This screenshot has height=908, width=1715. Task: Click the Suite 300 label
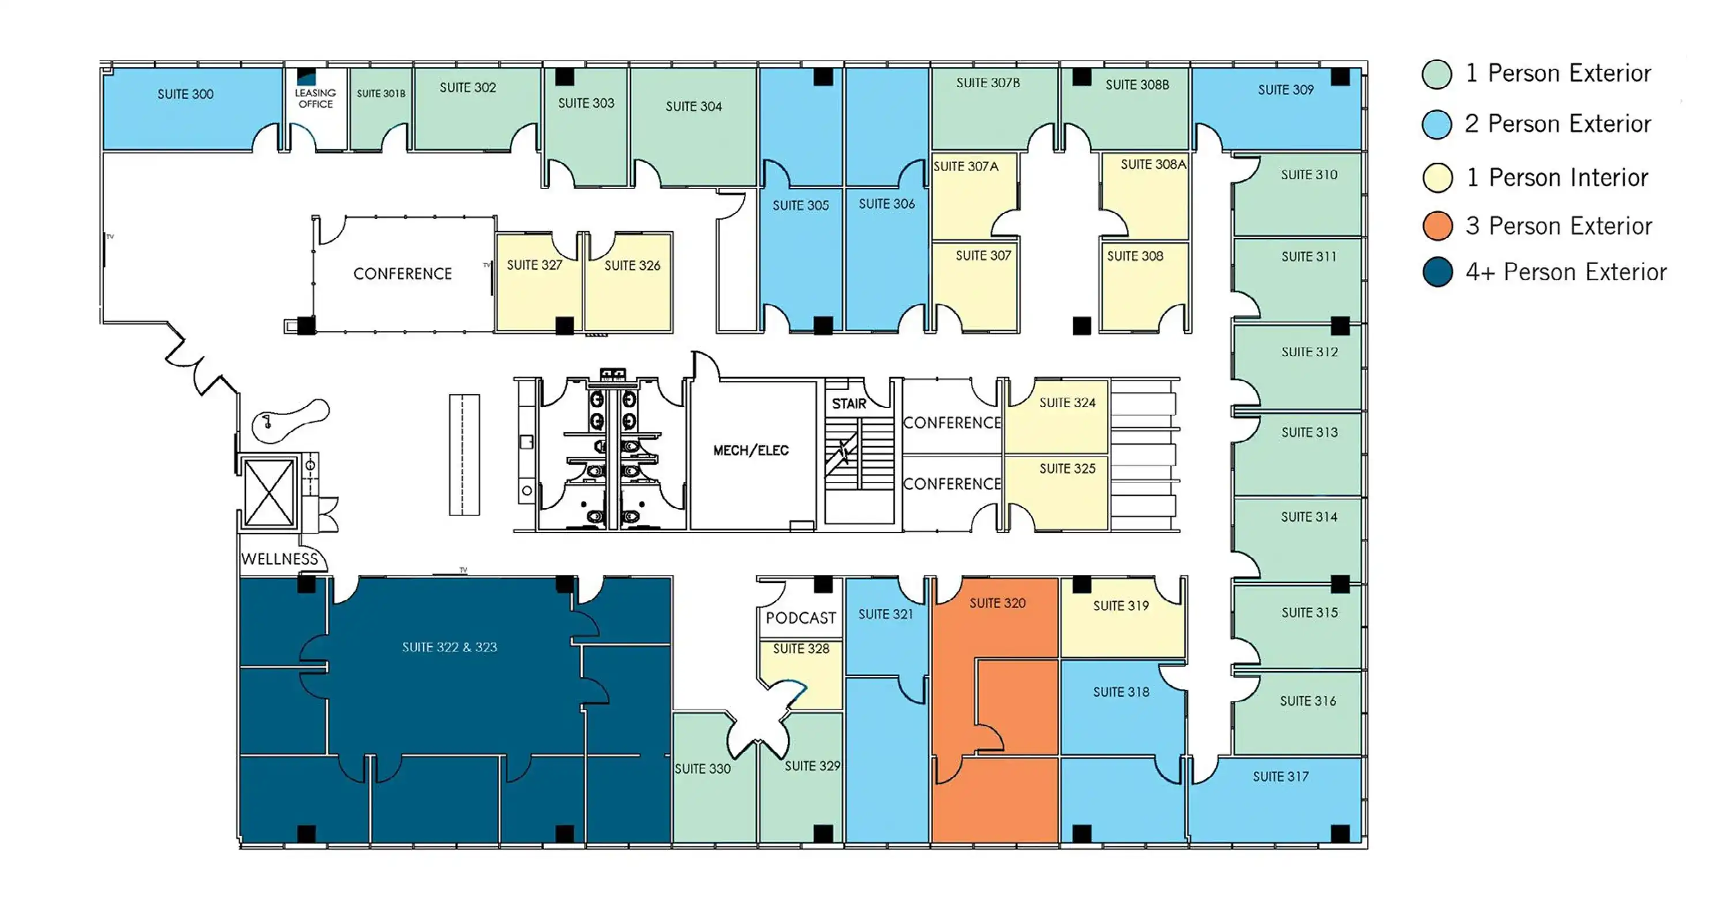[x=185, y=95]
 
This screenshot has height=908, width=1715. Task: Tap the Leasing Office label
[x=315, y=99]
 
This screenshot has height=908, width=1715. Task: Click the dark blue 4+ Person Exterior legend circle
[x=1437, y=272]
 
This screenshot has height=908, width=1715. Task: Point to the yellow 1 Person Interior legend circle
[x=1437, y=178]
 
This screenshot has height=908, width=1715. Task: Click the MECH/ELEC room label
[x=751, y=451]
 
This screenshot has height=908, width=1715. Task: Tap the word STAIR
[x=849, y=404]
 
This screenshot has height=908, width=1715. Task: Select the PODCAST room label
[x=800, y=618]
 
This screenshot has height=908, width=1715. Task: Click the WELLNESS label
[x=280, y=559]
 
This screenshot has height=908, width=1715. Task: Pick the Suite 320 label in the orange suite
[x=997, y=603]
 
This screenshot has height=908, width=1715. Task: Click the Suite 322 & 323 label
[x=450, y=647]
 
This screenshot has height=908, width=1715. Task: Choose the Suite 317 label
[x=1280, y=776]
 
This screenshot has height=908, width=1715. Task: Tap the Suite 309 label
[x=1285, y=90]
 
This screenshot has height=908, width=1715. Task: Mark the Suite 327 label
[x=534, y=265]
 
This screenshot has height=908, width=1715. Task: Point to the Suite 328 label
[x=801, y=649]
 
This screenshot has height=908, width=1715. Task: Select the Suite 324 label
[x=1067, y=403]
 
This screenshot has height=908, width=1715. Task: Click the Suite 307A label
[x=966, y=167]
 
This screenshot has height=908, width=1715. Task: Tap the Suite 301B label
[x=381, y=94]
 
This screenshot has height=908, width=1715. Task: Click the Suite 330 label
[x=702, y=769]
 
